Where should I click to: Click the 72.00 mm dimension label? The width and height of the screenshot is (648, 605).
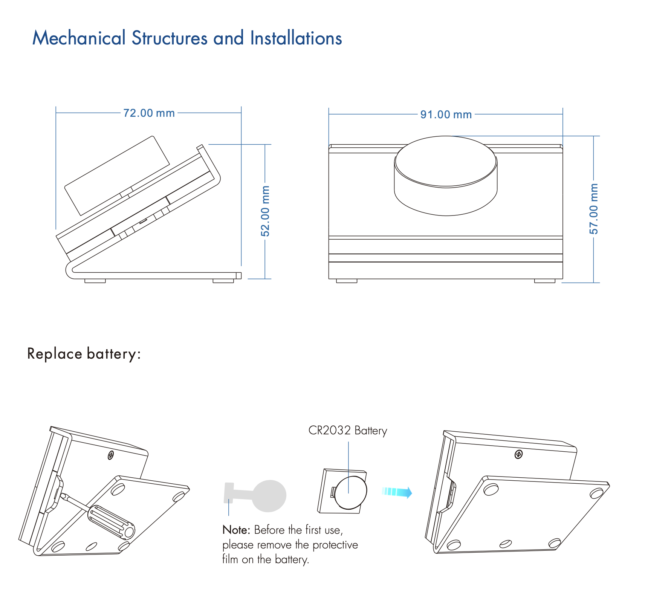149,113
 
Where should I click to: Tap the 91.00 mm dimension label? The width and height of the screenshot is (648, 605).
446,115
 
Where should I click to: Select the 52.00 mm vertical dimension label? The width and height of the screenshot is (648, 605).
266,211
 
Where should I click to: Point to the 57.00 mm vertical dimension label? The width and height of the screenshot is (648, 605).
594,209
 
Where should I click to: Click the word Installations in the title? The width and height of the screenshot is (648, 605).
296,38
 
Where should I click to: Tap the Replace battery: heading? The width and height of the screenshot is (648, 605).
84,354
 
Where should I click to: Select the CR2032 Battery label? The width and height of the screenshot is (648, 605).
347,431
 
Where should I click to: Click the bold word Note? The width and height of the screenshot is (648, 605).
236,530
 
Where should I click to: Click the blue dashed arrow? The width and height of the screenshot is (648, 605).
397,492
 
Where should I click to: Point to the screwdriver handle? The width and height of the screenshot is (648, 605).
111,522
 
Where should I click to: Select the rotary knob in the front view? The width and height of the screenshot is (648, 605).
446,175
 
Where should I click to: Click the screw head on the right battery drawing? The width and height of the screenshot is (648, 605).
518,454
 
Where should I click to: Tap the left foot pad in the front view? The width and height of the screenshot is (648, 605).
346,281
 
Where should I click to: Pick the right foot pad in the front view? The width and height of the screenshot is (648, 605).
544,281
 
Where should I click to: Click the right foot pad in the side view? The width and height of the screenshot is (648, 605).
223,281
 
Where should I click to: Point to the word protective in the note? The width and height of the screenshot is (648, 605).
335,545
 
